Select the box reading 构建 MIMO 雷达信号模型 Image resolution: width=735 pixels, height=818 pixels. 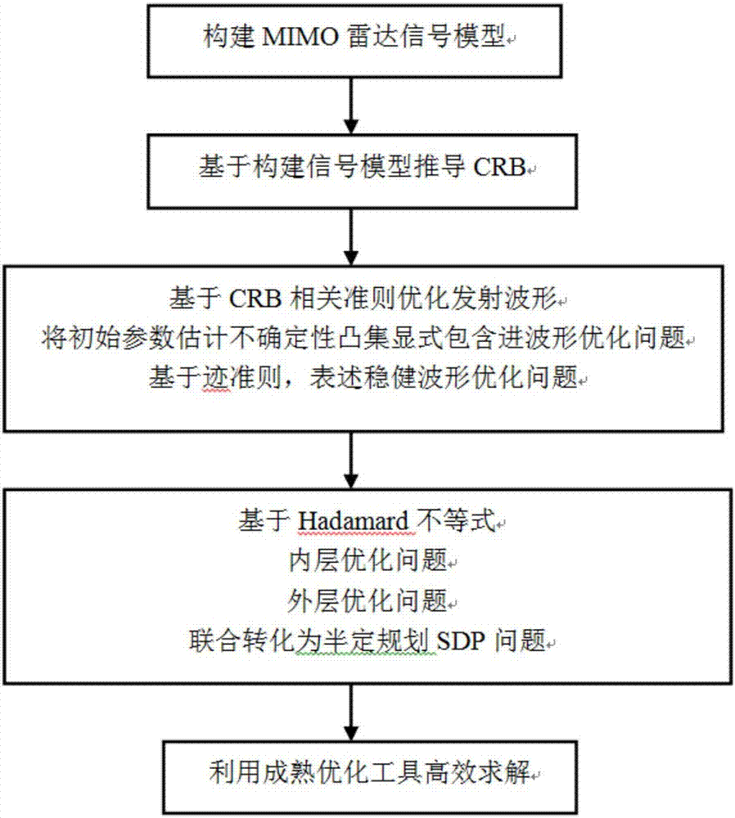(354, 41)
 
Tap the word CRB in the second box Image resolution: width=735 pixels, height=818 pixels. (499, 168)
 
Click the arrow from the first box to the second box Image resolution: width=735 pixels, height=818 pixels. (351, 106)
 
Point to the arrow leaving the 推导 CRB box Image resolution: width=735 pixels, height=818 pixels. (351, 237)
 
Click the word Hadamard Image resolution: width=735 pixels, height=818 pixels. (353, 520)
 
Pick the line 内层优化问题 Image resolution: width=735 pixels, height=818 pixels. (367, 560)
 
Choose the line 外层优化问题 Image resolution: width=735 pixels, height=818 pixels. (367, 600)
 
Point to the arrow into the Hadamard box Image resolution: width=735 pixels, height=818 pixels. (351, 461)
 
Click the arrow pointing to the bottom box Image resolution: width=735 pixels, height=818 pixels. (351, 712)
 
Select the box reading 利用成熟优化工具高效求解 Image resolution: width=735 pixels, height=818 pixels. (370, 777)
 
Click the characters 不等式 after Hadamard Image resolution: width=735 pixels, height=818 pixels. (455, 520)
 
